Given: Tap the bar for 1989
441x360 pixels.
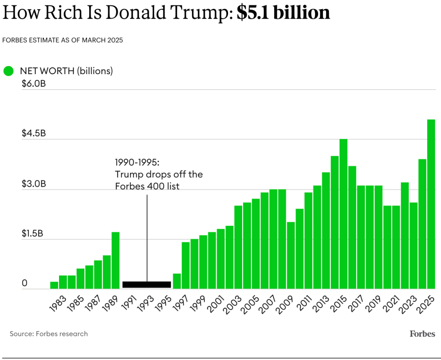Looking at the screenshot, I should click(x=116, y=260).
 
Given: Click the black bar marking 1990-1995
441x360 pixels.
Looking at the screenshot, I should click(x=147, y=285).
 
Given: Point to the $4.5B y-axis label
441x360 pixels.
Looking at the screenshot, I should click(x=34, y=133).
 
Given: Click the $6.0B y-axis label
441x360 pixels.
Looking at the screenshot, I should click(x=34, y=84).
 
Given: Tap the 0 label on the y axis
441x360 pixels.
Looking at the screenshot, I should click(x=25, y=283).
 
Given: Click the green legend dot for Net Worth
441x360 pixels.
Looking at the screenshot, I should click(x=8, y=71).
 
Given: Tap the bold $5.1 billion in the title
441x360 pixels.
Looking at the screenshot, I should click(x=283, y=13).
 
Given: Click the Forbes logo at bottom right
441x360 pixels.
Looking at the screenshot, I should click(x=422, y=334).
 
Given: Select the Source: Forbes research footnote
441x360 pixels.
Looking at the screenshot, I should click(x=49, y=334).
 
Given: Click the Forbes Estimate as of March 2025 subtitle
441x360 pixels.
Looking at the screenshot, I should click(x=63, y=40).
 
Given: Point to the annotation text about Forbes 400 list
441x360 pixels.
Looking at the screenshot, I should click(x=159, y=174).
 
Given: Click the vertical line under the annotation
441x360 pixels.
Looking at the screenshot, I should click(x=147, y=237).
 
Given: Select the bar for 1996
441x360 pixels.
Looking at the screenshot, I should click(x=177, y=281).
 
